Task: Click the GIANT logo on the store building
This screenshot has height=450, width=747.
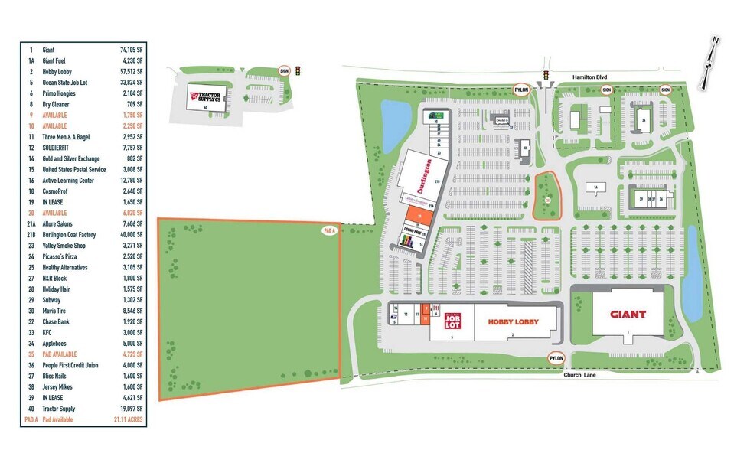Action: (628, 314)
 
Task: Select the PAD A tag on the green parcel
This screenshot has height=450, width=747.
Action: (330, 230)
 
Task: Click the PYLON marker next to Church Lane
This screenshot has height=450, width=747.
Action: (556, 358)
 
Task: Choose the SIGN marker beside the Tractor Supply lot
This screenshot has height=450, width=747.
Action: (284, 70)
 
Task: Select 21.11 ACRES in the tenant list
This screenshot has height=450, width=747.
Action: (131, 420)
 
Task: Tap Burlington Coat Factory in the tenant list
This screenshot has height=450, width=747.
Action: (69, 235)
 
